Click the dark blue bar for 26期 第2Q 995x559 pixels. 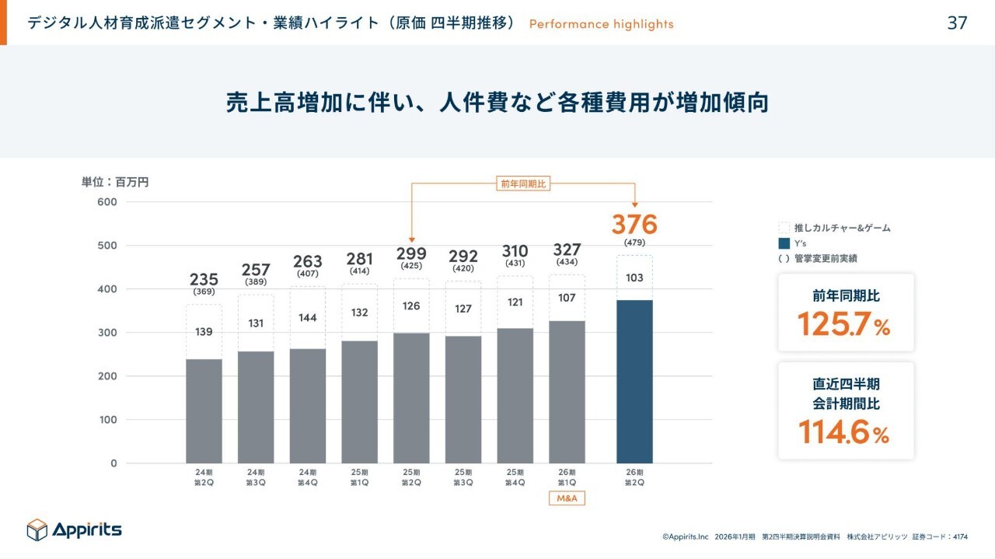(634, 381)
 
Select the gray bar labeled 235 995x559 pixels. (204, 411)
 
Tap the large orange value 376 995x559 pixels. (634, 225)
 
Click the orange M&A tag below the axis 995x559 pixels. (567, 498)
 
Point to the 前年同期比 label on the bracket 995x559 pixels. (523, 183)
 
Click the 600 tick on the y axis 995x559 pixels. (107, 202)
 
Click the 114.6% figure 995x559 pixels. (844, 431)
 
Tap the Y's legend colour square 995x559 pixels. (784, 243)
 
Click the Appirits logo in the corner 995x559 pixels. (74, 530)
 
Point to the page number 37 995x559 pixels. (957, 23)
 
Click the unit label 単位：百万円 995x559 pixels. (115, 183)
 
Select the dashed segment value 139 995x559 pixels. (204, 331)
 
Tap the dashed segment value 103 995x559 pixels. (634, 278)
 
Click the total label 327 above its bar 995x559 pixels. (567, 250)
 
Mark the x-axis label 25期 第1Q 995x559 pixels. (359, 477)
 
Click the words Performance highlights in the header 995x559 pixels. (601, 24)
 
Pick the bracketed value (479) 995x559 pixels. (634, 243)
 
